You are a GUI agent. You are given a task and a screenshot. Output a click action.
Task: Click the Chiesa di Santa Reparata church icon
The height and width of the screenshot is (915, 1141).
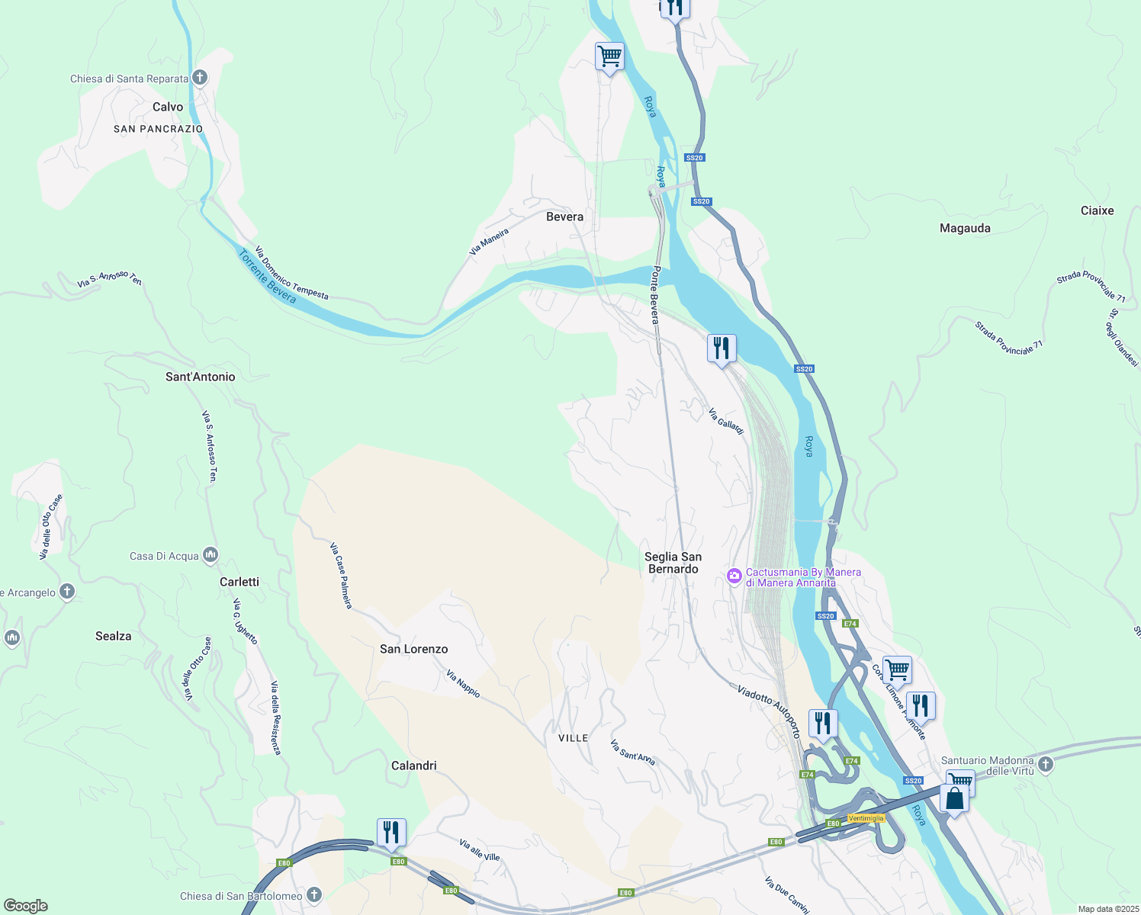tap(200, 77)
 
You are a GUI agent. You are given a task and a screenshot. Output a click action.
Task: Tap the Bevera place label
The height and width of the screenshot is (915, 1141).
tap(564, 217)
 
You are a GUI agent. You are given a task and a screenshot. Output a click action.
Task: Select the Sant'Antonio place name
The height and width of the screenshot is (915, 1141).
tap(201, 377)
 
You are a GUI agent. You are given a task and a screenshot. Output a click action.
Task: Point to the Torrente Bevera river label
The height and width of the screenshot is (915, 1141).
tap(268, 277)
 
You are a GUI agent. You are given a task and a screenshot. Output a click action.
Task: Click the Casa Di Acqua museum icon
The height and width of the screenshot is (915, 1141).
tap(211, 555)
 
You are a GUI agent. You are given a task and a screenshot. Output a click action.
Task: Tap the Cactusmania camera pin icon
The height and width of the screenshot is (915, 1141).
tap(734, 576)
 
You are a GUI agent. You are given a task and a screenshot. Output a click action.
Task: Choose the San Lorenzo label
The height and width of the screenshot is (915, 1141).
tap(414, 649)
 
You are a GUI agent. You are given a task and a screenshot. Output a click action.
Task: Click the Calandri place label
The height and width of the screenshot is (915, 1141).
tap(414, 766)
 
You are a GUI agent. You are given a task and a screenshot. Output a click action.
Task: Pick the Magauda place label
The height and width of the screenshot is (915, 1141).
tap(965, 228)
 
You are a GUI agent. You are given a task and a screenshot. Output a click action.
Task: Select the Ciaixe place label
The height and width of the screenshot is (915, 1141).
tap(1097, 210)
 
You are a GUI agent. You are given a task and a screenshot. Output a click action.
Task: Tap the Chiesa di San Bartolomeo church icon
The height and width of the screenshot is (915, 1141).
tap(314, 895)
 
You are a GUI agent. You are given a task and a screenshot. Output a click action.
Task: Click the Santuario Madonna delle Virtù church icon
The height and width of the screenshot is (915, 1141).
tap(1046, 763)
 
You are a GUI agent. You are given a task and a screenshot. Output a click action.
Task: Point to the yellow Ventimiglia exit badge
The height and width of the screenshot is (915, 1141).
tap(866, 818)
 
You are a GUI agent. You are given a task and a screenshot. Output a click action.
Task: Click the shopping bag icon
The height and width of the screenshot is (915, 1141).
tap(954, 798)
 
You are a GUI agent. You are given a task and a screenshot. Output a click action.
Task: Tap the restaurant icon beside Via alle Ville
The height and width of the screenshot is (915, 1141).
tap(391, 832)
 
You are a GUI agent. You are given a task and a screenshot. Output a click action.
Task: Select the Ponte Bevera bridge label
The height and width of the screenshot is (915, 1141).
tap(654, 295)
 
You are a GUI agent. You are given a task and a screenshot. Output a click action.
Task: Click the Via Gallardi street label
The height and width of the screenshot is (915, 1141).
tap(725, 421)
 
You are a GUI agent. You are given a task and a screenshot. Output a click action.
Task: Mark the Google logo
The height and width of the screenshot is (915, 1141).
tap(25, 906)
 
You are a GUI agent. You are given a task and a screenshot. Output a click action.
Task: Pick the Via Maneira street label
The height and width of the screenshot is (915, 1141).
tap(489, 241)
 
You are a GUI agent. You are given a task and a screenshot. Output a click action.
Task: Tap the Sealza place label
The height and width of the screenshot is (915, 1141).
tap(114, 636)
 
